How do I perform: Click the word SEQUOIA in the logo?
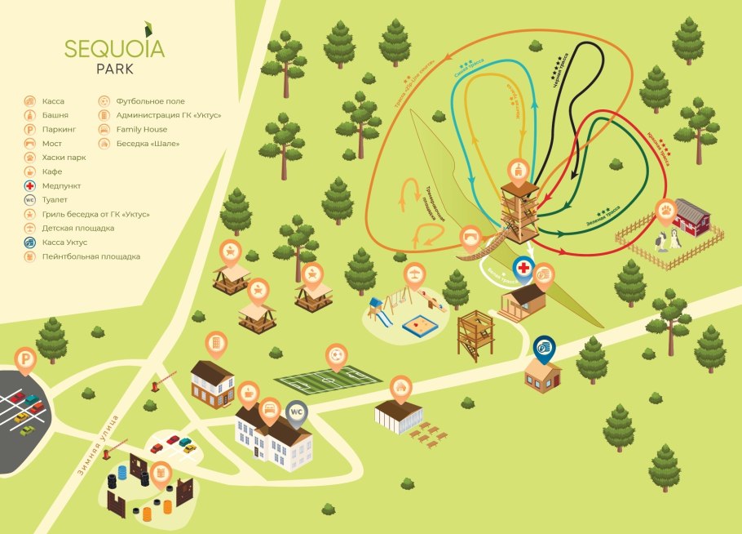tap(113, 48)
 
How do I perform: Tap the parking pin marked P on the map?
tap(27, 358)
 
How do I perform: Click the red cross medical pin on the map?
tap(523, 268)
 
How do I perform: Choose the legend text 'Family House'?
tap(142, 129)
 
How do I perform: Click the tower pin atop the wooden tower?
tap(518, 169)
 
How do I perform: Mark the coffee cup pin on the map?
tap(544, 274)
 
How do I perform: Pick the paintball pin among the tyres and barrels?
tap(161, 472)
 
